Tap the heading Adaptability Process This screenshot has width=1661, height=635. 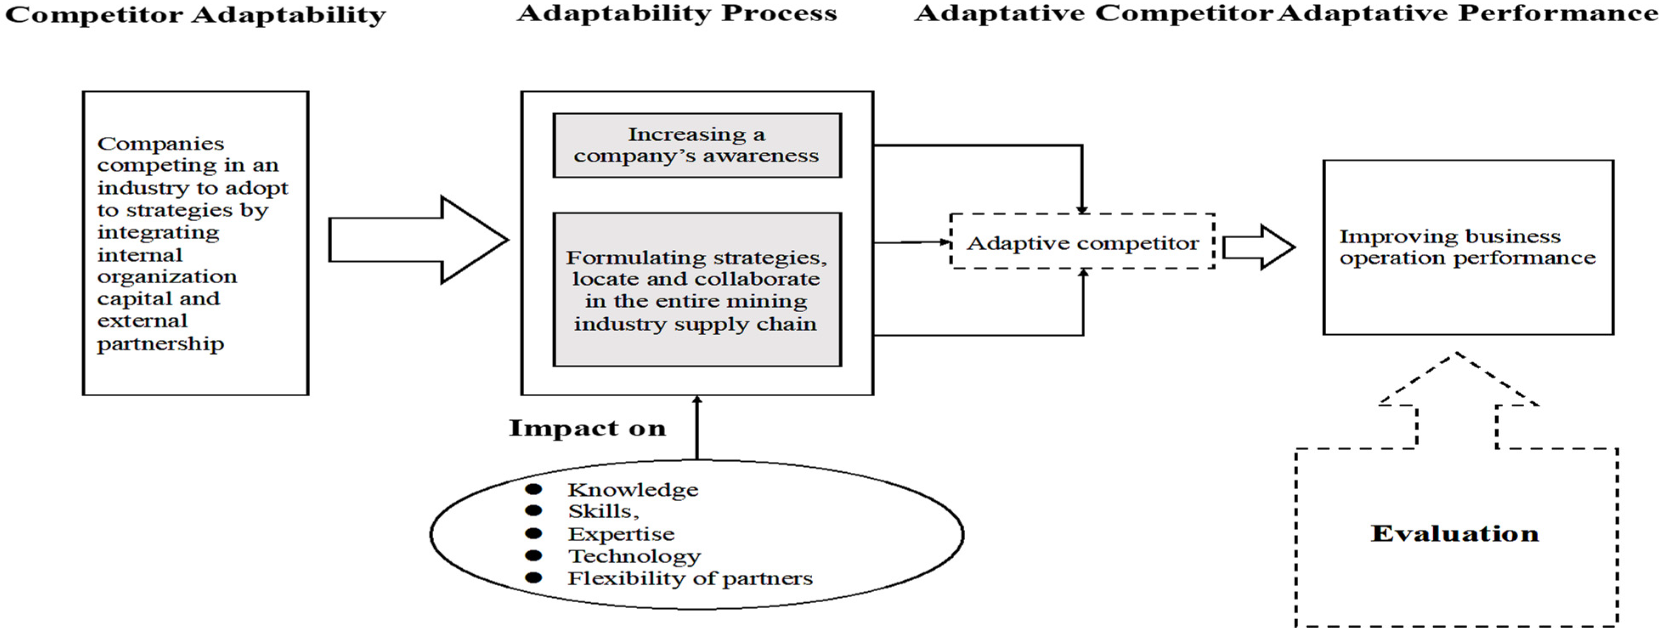[677, 14]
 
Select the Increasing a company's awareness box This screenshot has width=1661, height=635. [696, 145]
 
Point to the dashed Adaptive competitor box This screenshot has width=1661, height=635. [1082, 243]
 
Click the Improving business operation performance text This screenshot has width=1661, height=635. [1467, 247]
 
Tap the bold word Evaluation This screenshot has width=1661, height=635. [1455, 534]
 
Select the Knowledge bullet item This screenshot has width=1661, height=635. [633, 490]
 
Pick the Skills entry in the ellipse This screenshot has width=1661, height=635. [603, 511]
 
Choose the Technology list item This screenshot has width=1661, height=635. [634, 556]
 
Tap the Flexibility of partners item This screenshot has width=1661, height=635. [689, 578]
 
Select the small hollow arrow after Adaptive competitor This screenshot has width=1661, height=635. [1258, 247]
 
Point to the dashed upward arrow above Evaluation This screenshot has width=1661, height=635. [1457, 400]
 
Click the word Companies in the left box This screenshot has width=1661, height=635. [161, 143]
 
